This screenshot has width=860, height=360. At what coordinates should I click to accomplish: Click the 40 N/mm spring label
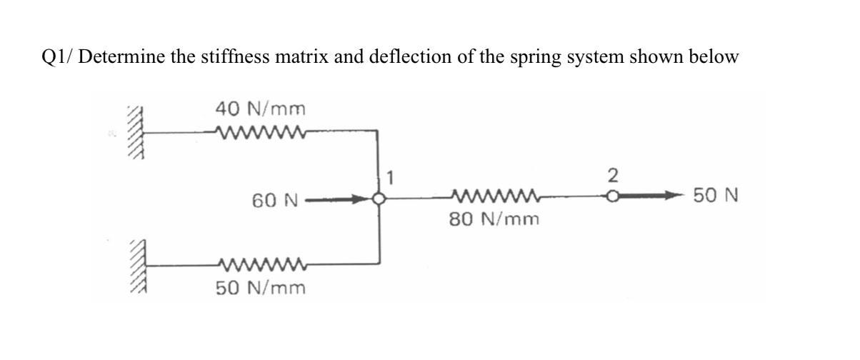[x=261, y=109]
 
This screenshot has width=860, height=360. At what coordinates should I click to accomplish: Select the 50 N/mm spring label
[x=261, y=289]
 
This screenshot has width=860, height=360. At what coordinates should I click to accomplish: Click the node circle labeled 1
[x=379, y=200]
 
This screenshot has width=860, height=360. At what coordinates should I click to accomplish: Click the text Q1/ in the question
[x=57, y=58]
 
